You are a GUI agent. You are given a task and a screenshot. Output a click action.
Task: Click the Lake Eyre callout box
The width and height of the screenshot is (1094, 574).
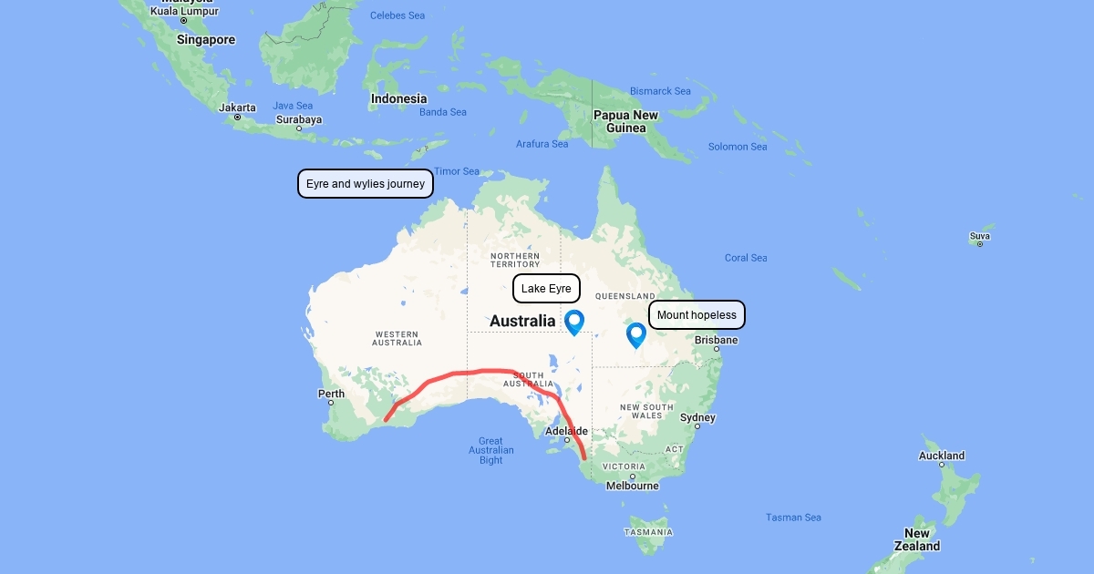click(546, 289)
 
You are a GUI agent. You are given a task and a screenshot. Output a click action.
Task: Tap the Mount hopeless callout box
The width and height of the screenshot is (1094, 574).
click(697, 315)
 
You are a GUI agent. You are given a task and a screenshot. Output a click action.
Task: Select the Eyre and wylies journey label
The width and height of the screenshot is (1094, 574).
click(366, 184)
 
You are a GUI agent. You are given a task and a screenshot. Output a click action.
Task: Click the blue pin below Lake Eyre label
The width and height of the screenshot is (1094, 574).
click(574, 322)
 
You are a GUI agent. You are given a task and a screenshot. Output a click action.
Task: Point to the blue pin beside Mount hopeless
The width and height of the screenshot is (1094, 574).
click(635, 335)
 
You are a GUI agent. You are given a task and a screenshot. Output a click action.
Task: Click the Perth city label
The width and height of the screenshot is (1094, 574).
click(331, 395)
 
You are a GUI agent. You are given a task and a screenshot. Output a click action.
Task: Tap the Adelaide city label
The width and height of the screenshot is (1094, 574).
click(566, 431)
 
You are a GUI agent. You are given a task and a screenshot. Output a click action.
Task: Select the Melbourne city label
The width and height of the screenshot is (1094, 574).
click(633, 486)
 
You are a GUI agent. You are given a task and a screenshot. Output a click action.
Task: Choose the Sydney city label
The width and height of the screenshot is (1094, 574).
click(697, 418)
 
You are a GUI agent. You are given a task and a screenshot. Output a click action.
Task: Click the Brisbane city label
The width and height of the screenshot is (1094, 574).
click(717, 340)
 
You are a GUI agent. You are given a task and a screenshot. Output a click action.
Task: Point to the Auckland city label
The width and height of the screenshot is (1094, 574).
click(942, 456)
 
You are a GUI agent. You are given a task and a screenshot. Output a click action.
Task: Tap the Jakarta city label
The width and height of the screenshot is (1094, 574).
click(238, 108)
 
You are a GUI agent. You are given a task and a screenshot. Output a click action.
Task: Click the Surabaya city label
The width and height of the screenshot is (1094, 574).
click(299, 119)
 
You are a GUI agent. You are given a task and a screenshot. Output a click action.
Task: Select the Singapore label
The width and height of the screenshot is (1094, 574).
click(206, 40)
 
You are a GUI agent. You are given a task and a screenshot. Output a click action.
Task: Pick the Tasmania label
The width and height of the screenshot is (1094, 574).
click(648, 532)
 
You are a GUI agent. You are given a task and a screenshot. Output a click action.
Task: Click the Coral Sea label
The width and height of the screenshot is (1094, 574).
click(746, 258)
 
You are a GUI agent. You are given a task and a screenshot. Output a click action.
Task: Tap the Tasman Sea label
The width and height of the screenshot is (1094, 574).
click(793, 518)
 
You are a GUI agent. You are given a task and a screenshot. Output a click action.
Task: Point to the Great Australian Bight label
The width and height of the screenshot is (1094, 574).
click(491, 451)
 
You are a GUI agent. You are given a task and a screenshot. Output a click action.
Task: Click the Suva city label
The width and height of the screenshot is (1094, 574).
click(980, 237)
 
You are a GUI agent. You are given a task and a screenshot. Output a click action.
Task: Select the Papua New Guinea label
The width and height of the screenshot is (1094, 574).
click(625, 121)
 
